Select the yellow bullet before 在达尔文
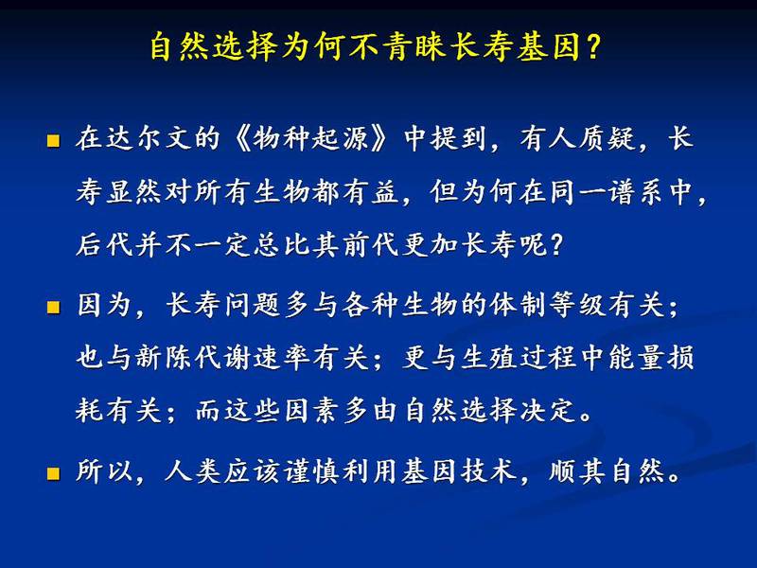(53, 140)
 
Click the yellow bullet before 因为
(53, 307)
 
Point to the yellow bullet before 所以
(53, 473)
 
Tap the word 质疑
(607, 138)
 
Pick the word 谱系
(636, 192)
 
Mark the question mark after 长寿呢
(556, 244)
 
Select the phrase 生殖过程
(518, 358)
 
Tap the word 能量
(636, 358)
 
